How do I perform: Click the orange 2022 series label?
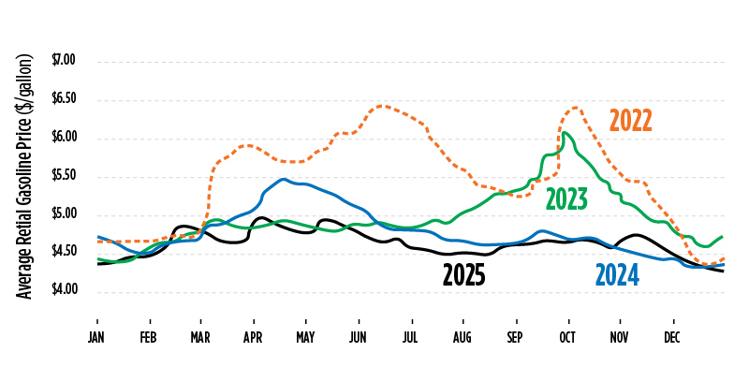[x=630, y=121]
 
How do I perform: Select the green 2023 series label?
[x=566, y=198]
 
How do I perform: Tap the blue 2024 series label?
[x=617, y=274]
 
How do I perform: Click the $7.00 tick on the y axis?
[x=64, y=61]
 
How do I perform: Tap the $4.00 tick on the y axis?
[x=64, y=291]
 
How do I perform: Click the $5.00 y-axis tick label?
[x=64, y=214]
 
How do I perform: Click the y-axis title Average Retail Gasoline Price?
[x=25, y=176]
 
